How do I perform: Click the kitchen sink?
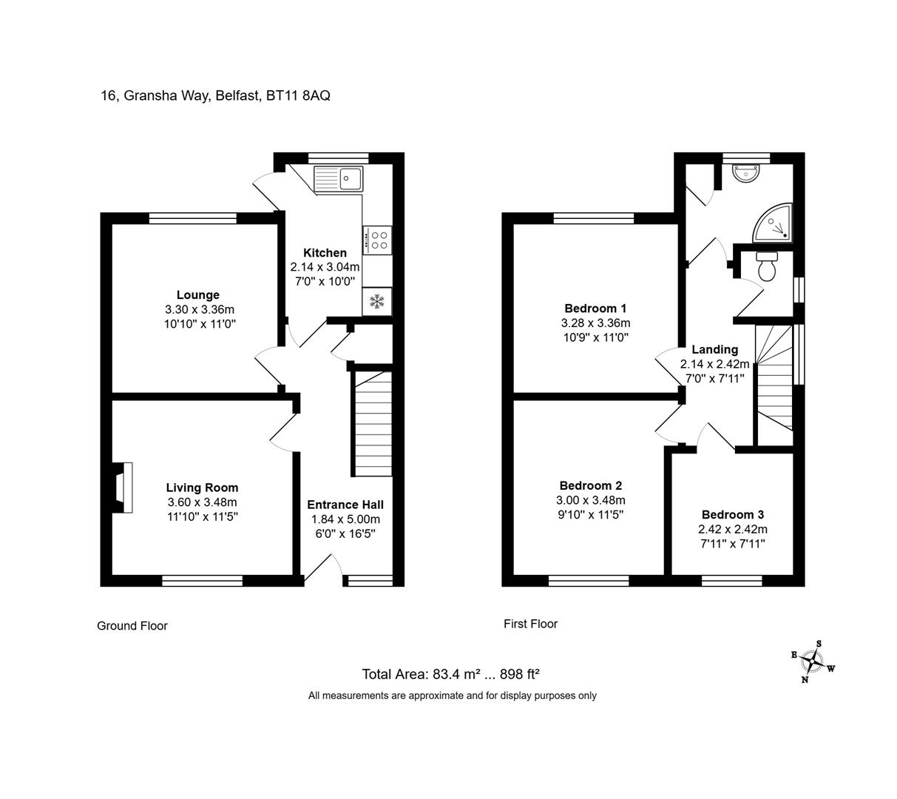tap(338, 179)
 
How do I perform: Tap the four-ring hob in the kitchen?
tap(377, 240)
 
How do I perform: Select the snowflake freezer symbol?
tap(377, 301)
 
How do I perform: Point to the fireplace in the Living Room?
tap(122, 488)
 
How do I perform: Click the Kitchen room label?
tap(325, 253)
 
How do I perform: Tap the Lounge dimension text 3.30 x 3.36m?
tap(200, 309)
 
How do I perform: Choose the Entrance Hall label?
tap(345, 505)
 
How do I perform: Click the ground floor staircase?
tap(372, 424)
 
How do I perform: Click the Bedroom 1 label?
tap(595, 309)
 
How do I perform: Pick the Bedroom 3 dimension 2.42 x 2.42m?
tap(733, 529)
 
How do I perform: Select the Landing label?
tap(714, 349)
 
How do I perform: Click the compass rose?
tap(813, 661)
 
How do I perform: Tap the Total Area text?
tap(450, 674)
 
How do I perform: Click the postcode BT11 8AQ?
tap(298, 95)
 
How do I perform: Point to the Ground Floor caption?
tap(132, 625)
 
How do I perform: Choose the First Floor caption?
tap(530, 624)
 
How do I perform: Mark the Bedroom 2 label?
tap(591, 485)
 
